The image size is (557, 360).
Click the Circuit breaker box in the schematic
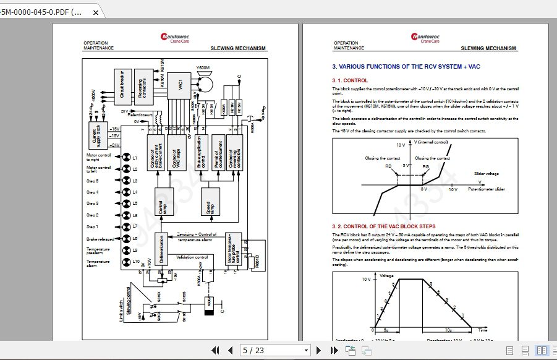[x=122, y=84]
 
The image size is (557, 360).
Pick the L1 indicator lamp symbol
[x=126, y=158]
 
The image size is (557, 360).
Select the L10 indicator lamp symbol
[x=126, y=262]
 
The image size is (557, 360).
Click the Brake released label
[x=100, y=239]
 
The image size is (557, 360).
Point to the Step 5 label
[x=93, y=181]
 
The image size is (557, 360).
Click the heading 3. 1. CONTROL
[x=350, y=80]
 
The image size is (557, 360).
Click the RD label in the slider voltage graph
[x=388, y=166]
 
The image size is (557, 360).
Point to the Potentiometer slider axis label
[x=487, y=189]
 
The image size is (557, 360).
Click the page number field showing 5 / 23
[x=274, y=351]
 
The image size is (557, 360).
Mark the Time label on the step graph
[x=482, y=330]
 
